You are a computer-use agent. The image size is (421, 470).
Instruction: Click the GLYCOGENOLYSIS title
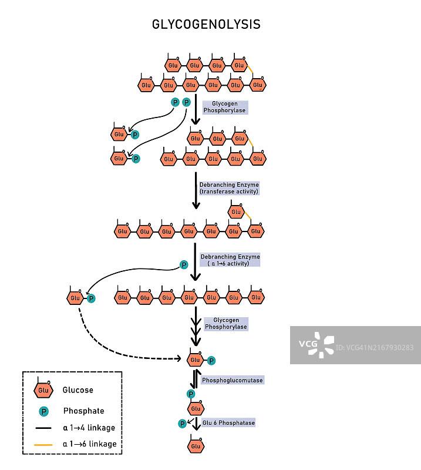[206, 25]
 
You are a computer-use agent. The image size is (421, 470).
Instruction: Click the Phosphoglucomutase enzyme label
[233, 381]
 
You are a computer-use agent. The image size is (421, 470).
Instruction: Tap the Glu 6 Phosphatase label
[229, 422]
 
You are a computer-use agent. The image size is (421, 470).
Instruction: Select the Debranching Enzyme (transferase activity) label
[229, 188]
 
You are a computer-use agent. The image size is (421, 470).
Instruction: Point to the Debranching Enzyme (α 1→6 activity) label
[230, 260]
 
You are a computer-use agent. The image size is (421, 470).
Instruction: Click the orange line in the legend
[44, 445]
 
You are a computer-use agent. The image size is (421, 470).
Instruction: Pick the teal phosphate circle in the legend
[43, 411]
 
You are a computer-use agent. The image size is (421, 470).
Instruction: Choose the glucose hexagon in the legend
[42, 390]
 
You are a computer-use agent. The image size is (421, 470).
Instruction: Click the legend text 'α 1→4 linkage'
[89, 428]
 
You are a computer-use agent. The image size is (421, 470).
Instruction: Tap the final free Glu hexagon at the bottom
[196, 446]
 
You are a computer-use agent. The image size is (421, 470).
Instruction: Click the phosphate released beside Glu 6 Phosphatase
[183, 423]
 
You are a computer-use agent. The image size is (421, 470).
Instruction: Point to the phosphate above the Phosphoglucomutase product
[191, 394]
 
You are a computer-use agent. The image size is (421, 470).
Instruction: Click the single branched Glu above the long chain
[236, 211]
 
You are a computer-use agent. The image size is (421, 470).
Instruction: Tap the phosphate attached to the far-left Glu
[91, 298]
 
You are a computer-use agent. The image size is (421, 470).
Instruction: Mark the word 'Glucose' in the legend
[78, 390]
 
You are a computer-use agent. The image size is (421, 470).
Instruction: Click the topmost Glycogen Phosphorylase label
[224, 107]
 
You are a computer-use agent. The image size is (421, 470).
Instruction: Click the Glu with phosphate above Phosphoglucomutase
[196, 360]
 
